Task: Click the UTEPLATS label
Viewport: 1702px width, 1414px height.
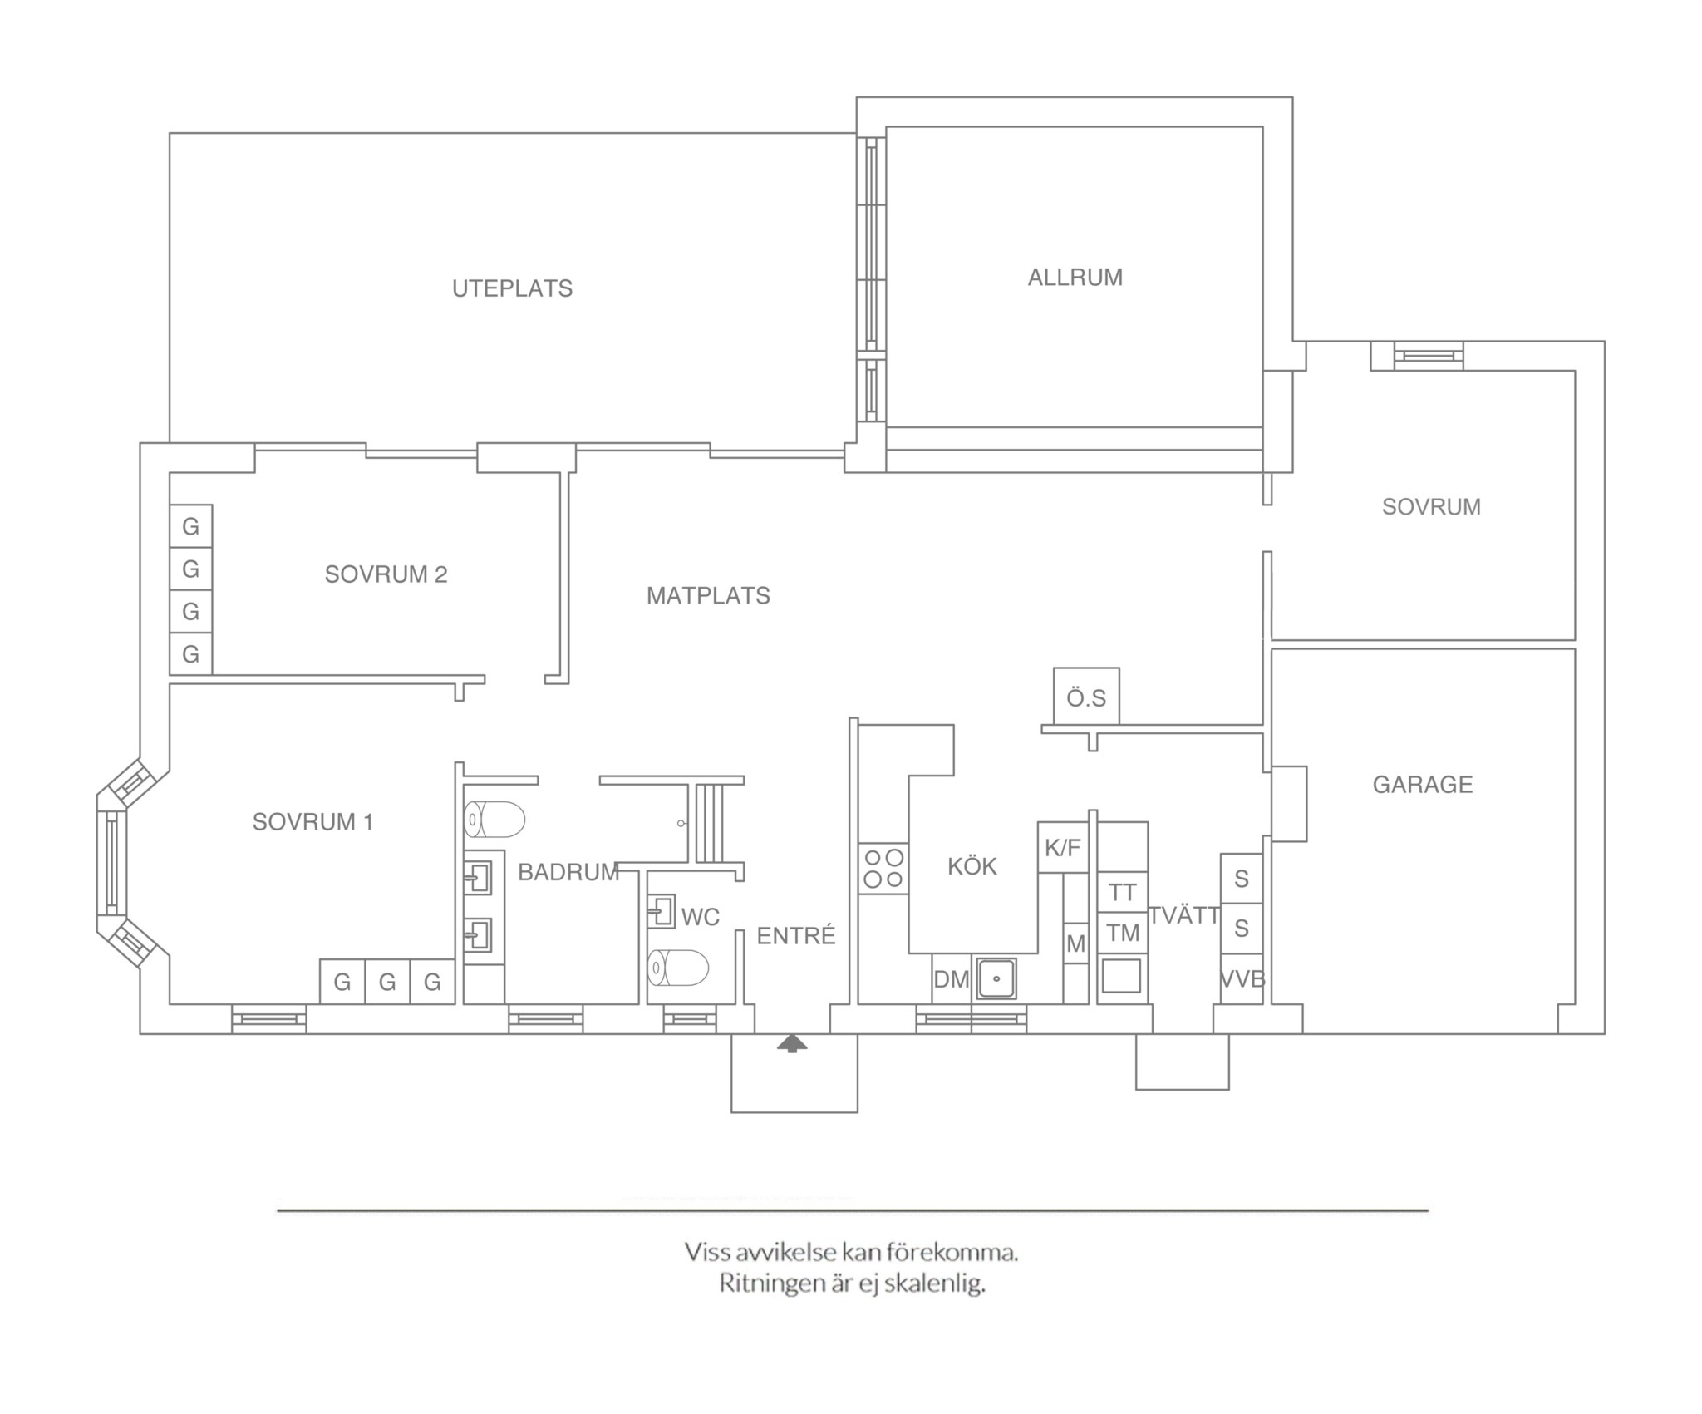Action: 512,288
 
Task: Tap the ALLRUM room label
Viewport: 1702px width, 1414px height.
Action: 1075,277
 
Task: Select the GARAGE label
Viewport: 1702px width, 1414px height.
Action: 1422,784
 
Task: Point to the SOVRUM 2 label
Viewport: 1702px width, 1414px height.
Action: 386,574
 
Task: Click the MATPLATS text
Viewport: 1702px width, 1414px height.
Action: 708,595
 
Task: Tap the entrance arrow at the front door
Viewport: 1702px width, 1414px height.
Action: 792,1043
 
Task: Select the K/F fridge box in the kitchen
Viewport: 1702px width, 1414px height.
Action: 1063,847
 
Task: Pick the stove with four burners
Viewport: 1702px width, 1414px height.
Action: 883,868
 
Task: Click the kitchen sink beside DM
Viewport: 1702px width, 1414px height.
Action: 995,978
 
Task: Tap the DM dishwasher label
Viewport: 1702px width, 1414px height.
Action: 951,979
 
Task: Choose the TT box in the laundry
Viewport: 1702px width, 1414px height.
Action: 1123,892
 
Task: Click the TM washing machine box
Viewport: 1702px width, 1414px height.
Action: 1123,933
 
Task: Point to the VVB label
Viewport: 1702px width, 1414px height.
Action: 1242,979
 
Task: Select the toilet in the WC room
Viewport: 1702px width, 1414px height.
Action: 678,968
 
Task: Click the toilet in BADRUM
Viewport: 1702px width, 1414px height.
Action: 494,820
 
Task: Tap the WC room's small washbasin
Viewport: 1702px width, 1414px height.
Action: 661,910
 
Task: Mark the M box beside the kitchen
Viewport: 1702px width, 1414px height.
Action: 1075,943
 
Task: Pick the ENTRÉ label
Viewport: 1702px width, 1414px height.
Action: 795,935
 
